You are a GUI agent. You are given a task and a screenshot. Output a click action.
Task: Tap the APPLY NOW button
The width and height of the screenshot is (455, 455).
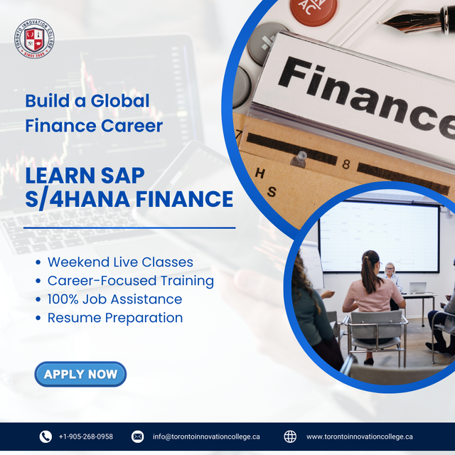point(80,374)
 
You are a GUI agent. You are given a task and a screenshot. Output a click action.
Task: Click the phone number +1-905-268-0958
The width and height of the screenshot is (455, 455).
point(85,437)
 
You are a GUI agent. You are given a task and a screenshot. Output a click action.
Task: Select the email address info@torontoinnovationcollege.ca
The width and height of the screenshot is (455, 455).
point(206,437)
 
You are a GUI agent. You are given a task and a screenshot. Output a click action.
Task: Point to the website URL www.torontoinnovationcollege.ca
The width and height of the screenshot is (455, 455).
point(359,437)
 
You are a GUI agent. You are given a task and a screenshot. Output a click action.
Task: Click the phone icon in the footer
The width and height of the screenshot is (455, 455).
point(45,437)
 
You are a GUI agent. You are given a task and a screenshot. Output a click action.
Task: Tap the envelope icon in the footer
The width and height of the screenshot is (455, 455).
point(138,437)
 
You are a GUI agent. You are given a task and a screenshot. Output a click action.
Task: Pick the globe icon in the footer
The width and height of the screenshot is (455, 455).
point(290,437)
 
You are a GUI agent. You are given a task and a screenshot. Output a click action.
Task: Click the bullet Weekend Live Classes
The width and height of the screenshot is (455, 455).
point(120,262)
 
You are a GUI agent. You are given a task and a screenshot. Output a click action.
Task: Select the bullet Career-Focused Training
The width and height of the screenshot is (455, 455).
point(130,281)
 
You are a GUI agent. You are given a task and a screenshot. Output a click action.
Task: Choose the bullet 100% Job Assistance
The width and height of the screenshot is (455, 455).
point(114,299)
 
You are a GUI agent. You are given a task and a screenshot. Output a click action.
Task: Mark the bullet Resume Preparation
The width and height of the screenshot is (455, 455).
point(114,318)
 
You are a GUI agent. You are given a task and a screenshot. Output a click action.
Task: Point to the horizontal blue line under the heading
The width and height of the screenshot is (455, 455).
point(129,228)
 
